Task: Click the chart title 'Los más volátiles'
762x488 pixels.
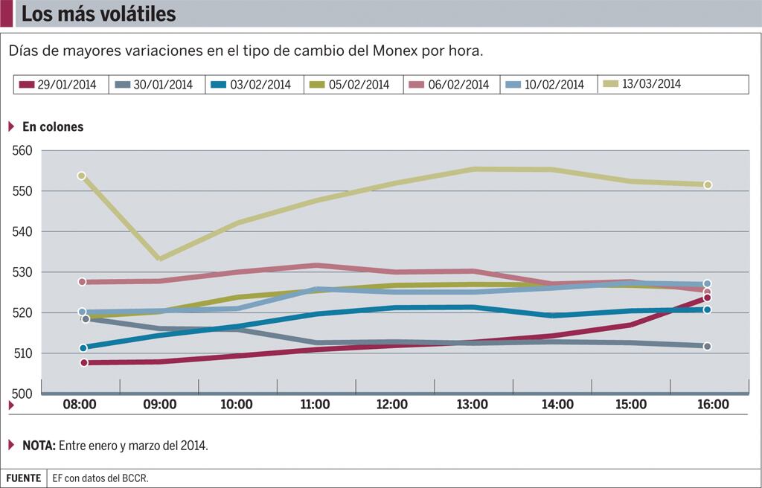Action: (x=99, y=14)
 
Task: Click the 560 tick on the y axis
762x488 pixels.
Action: (x=22, y=151)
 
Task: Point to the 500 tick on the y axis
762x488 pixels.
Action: (x=22, y=394)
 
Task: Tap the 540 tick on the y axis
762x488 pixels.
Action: (x=22, y=232)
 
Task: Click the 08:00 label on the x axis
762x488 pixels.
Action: (x=80, y=405)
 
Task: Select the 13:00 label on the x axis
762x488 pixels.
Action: (x=472, y=405)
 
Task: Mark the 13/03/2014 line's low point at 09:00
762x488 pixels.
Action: (x=159, y=259)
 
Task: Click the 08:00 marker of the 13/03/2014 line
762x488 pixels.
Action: (x=82, y=176)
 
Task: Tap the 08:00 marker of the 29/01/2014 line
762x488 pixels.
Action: (x=84, y=362)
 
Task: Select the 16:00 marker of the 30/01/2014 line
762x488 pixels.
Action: (x=707, y=346)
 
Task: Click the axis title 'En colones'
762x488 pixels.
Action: (x=53, y=127)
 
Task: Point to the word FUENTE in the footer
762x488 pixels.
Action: (x=24, y=478)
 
